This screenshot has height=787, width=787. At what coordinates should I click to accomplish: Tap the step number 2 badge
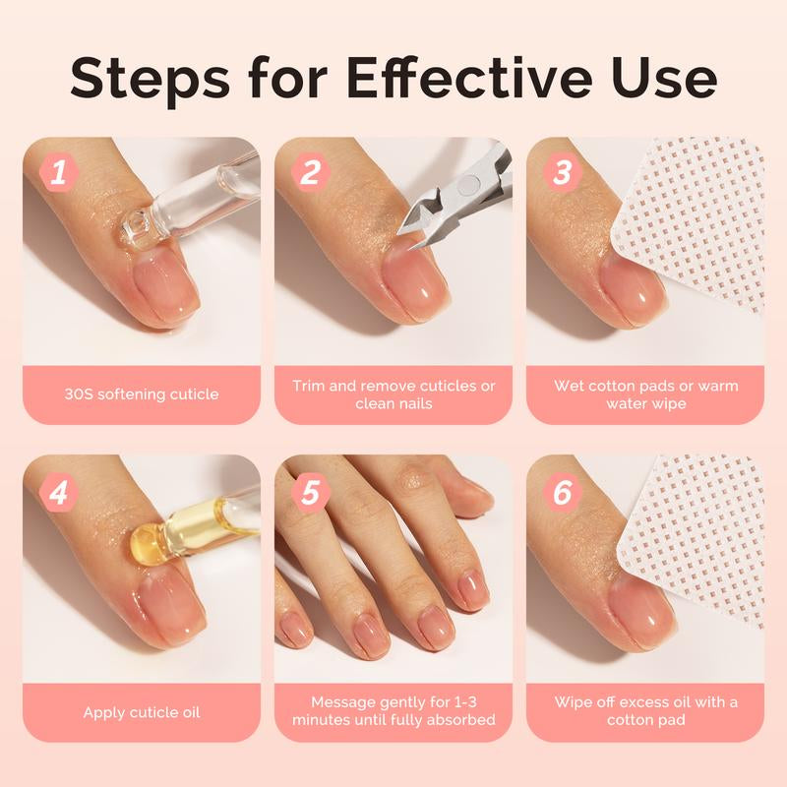[x=311, y=174]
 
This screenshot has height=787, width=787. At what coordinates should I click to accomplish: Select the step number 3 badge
[x=563, y=174]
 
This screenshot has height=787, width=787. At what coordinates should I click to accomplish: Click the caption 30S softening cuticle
[x=142, y=394]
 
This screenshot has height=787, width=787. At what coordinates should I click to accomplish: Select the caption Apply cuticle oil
[x=142, y=711]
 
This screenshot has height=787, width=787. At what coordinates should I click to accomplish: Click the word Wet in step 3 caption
[x=571, y=385]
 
